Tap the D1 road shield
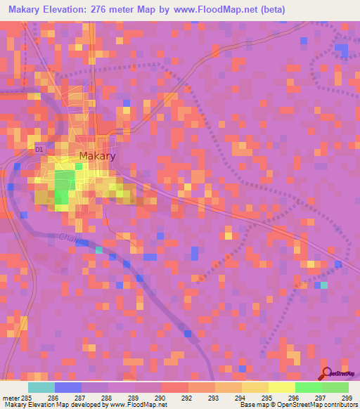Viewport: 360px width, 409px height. click(39, 150)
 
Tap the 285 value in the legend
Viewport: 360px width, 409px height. click(26, 398)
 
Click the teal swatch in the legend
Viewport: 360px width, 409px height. click(41, 387)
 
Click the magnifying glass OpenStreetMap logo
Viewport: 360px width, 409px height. click(328, 374)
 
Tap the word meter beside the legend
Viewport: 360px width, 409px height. click(9, 398)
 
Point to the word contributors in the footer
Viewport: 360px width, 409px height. click(340, 405)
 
